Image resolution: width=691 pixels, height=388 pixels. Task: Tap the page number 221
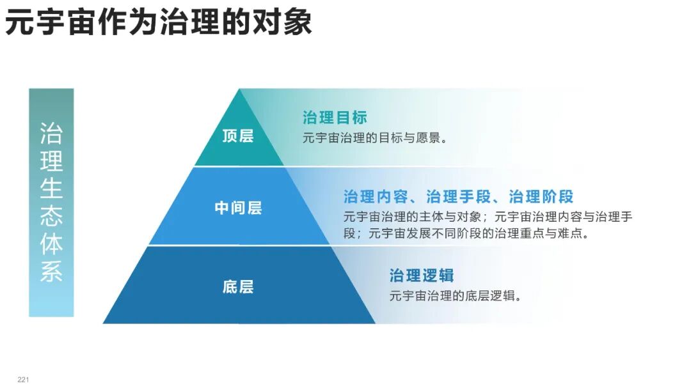(x=24, y=380)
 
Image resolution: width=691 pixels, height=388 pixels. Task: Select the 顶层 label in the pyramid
(x=238, y=136)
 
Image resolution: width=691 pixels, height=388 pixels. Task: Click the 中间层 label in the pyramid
(x=238, y=208)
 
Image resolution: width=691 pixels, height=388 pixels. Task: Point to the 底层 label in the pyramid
(x=238, y=286)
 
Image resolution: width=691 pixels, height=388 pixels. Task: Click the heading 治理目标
(x=335, y=118)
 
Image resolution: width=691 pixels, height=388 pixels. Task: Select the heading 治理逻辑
(x=422, y=275)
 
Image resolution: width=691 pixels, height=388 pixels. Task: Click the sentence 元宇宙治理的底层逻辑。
(x=456, y=296)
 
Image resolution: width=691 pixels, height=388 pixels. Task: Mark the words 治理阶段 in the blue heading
(x=541, y=196)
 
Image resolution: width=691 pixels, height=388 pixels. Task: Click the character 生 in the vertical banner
(x=51, y=190)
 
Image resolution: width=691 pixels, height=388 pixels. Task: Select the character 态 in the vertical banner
(x=51, y=217)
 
